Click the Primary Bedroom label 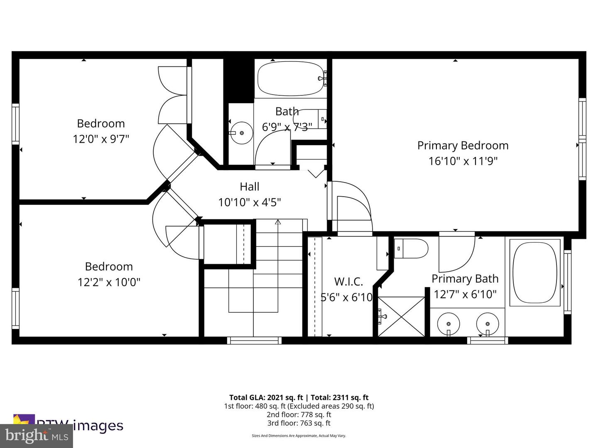point(463,146)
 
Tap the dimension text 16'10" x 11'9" point(463,161)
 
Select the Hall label point(250,187)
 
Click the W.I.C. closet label point(348,282)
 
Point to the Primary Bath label point(465,279)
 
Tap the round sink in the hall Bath point(241,133)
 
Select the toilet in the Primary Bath point(411,249)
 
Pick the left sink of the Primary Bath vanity point(448,323)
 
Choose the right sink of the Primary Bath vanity point(488,323)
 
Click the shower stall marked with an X point(401,316)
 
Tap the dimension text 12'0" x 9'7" point(101,139)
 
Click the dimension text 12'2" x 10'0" point(109,282)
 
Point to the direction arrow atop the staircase point(278,223)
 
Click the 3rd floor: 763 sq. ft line point(299,423)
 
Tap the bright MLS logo point(37,436)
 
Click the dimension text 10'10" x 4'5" point(250,202)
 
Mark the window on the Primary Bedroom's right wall point(582,139)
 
